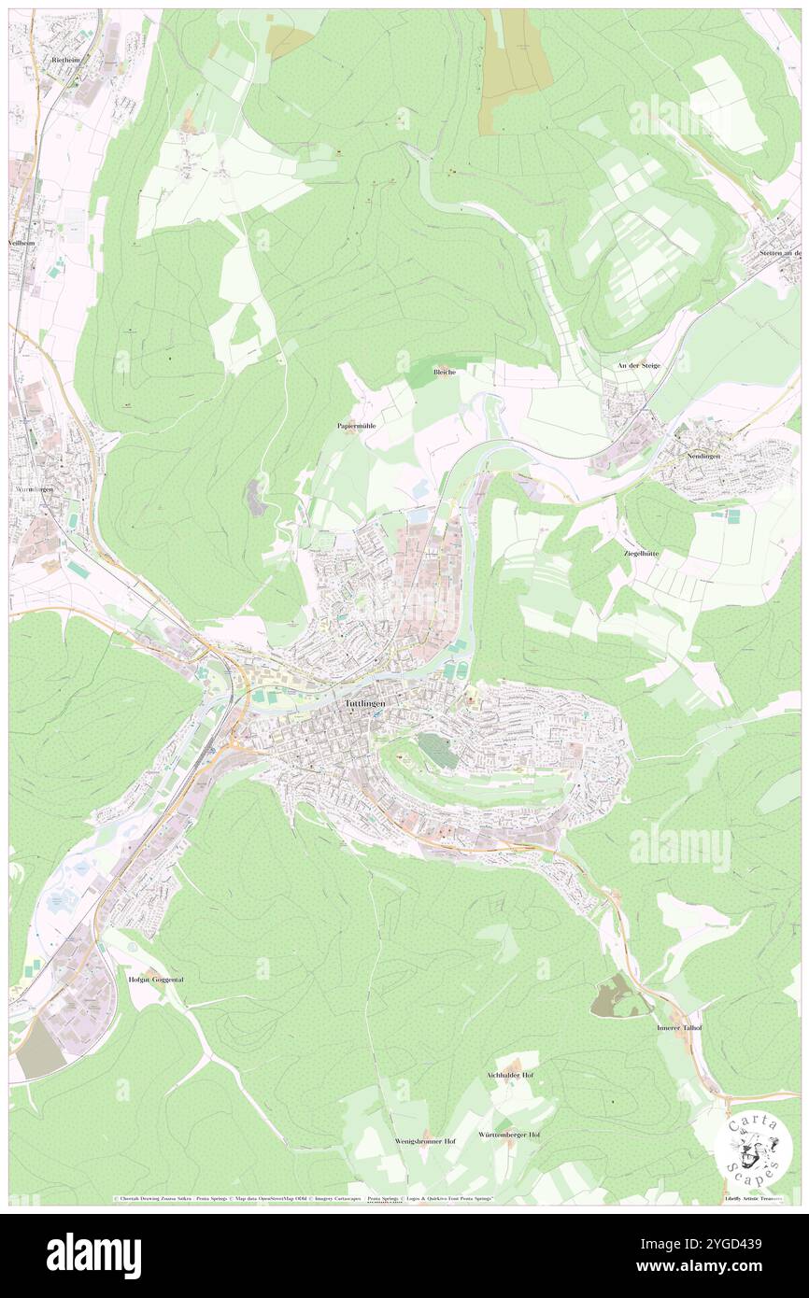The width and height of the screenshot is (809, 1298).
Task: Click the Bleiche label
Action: [445, 372]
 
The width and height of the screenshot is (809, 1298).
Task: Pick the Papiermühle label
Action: [356, 425]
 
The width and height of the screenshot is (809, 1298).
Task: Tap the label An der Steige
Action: [638, 365]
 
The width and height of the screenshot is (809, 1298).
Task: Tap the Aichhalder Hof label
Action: [510, 1075]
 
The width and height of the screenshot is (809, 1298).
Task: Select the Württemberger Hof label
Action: [508, 1134]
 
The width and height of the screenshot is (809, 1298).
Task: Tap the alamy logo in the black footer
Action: [93, 1255]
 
